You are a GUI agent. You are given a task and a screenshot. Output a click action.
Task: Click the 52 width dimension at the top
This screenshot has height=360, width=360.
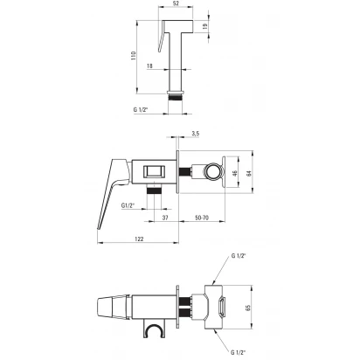coord(176,3)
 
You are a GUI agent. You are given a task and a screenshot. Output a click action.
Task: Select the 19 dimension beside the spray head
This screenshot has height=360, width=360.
coord(205,26)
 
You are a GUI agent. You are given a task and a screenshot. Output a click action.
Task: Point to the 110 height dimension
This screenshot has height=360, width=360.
coord(134,56)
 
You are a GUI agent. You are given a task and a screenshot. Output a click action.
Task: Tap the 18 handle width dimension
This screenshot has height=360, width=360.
coord(149,66)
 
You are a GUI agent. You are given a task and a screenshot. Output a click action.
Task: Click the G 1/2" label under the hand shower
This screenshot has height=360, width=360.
coord(141,110)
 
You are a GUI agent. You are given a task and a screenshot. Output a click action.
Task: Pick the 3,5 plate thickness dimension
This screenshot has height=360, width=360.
coord(196,134)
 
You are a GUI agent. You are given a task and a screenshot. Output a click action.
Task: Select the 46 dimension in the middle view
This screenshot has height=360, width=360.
coord(235,173)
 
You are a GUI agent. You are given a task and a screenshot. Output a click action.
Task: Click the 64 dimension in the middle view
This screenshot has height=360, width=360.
coord(248,173)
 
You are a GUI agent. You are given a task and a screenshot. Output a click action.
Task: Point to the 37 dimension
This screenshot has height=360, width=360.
coord(165,218)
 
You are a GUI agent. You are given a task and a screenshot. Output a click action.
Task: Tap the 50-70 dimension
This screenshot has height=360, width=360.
coord(202,218)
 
